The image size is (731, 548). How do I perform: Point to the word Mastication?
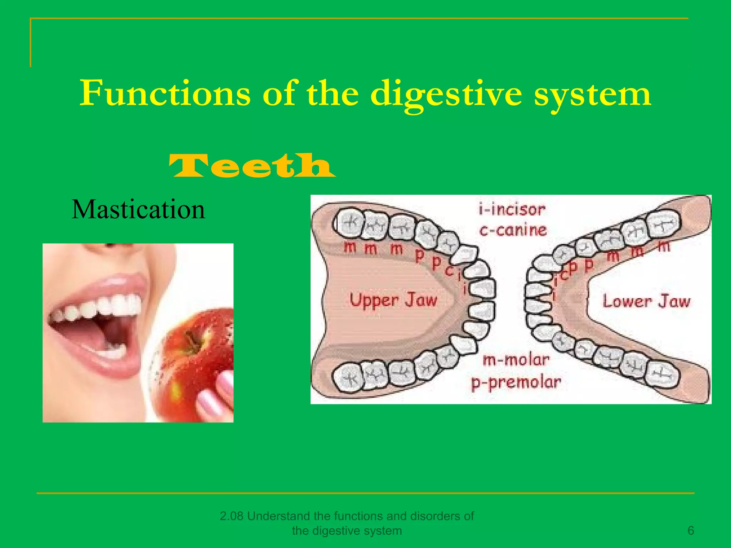click(x=138, y=209)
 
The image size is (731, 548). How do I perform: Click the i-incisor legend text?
click(x=512, y=209)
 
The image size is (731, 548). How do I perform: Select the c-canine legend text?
click(x=513, y=230)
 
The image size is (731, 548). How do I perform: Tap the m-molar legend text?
click(x=516, y=360)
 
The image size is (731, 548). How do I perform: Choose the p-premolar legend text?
click(x=516, y=382)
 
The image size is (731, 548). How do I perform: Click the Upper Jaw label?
click(x=393, y=300)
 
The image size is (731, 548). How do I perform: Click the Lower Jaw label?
click(x=646, y=301)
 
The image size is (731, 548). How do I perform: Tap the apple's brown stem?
click(x=193, y=341)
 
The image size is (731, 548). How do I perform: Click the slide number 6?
click(x=691, y=531)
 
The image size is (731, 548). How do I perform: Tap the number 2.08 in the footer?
click(x=232, y=516)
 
